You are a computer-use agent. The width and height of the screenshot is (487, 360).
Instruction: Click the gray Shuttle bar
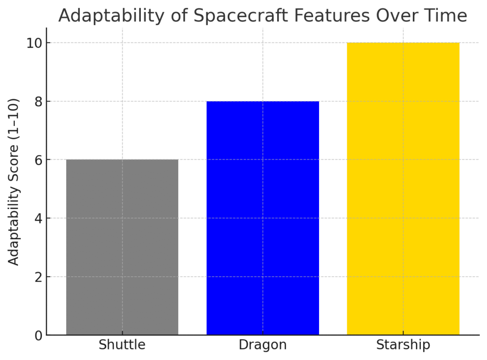pyautogui.click(x=122, y=247)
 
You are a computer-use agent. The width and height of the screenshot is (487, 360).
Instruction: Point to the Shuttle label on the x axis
pyautogui.click(x=122, y=345)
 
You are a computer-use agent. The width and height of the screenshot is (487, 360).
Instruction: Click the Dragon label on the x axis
pyautogui.click(x=263, y=345)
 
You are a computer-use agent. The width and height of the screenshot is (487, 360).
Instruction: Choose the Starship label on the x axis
pyautogui.click(x=403, y=345)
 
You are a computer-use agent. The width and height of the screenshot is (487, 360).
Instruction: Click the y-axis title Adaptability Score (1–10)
pyautogui.click(x=14, y=182)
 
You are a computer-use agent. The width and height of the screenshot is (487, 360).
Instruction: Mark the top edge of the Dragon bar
pyautogui.click(x=263, y=101)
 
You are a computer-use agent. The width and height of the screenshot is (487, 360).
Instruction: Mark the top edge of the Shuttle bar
pyautogui.click(x=122, y=160)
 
